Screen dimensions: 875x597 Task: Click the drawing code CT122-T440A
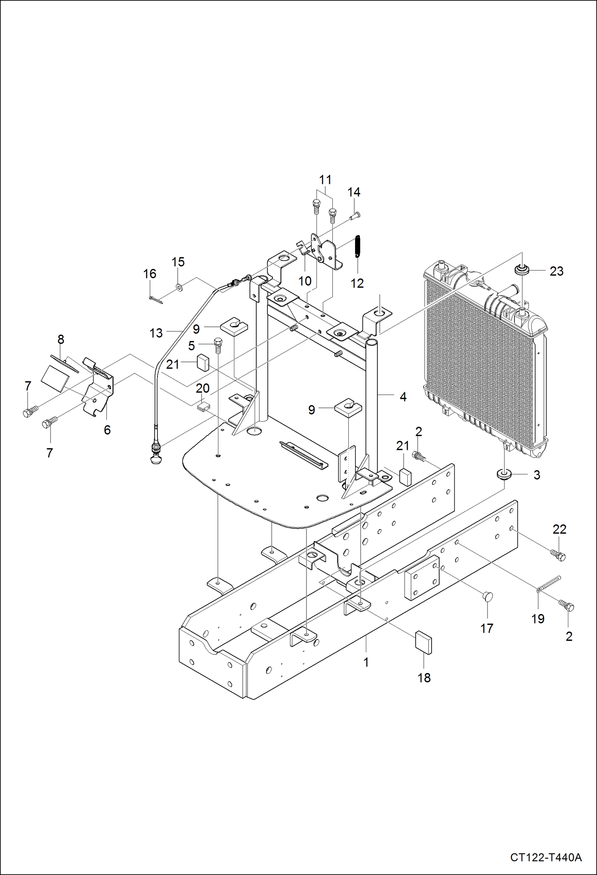click(x=546, y=857)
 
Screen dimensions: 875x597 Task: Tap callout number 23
click(x=556, y=271)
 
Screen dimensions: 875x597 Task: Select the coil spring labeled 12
click(x=357, y=246)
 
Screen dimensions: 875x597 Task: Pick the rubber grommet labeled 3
click(x=504, y=474)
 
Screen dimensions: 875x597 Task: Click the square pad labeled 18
click(x=424, y=643)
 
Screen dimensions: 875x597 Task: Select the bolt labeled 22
click(x=558, y=555)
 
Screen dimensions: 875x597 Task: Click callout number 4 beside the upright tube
click(x=403, y=397)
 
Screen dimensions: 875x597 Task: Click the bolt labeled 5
click(x=218, y=345)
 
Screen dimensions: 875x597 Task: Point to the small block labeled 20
click(x=203, y=406)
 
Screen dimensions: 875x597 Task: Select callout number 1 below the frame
click(x=366, y=662)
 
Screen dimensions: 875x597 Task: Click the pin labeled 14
click(x=354, y=216)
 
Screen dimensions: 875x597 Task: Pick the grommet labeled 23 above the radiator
click(x=521, y=270)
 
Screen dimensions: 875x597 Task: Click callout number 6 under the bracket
click(x=107, y=430)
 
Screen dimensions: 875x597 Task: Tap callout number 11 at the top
click(x=325, y=180)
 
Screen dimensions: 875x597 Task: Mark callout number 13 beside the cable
click(x=156, y=333)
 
